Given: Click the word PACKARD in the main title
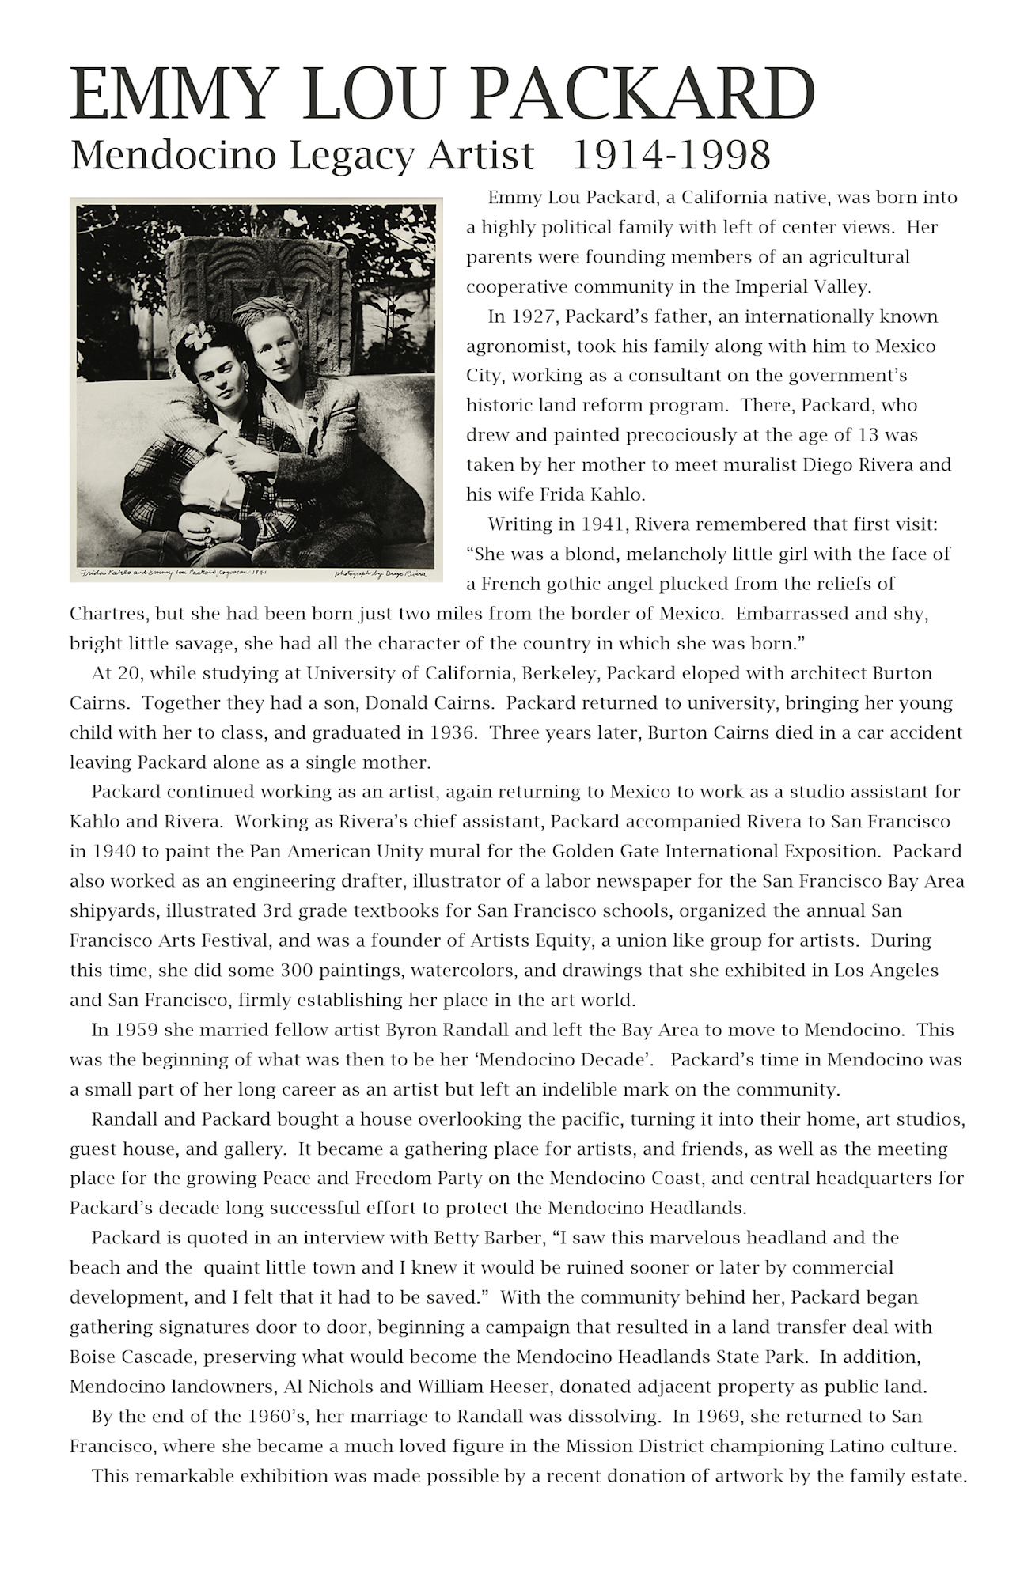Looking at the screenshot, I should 645,96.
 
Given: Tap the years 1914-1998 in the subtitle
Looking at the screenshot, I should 670,155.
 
